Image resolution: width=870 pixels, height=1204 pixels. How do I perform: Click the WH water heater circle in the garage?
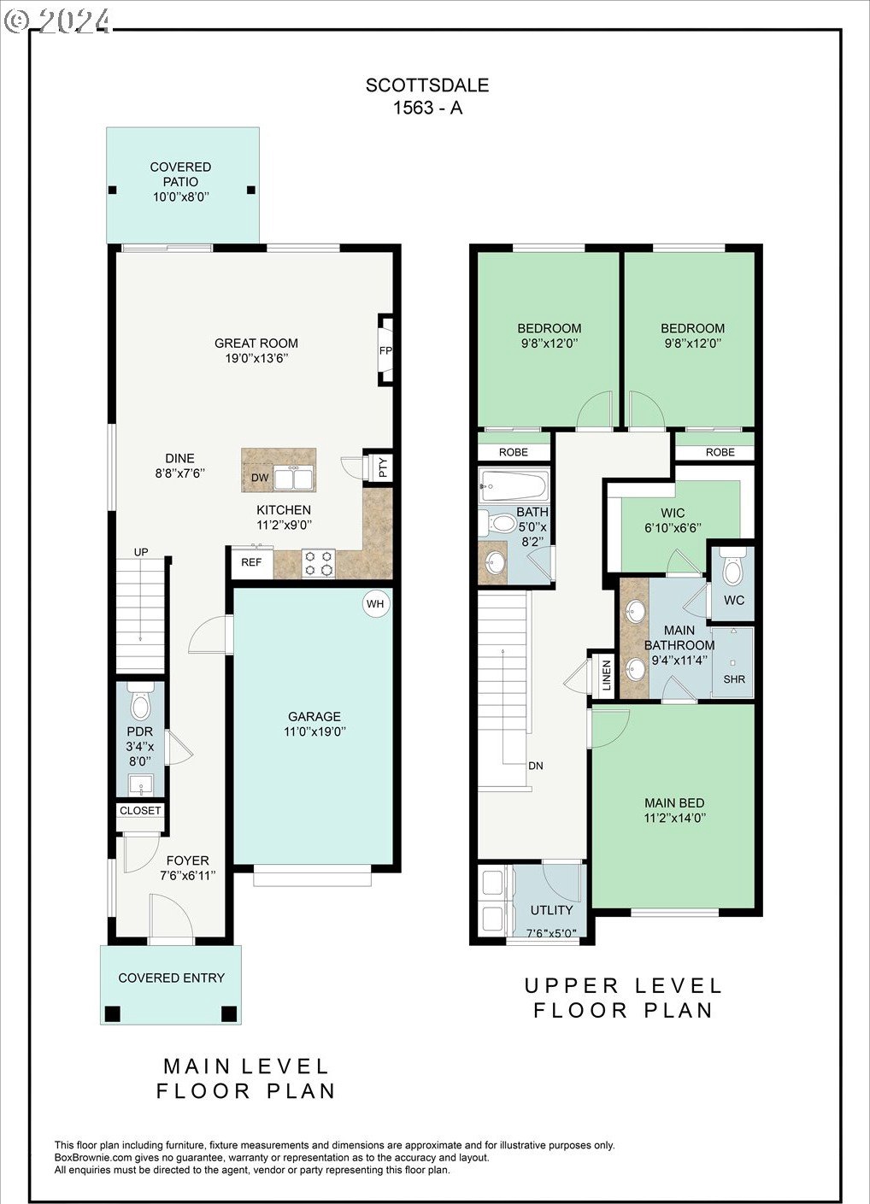[375, 604]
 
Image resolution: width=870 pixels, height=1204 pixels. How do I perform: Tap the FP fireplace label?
[385, 351]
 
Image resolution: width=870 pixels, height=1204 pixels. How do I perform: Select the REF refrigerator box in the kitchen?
[251, 562]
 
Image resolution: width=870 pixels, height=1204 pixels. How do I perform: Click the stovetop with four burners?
[318, 563]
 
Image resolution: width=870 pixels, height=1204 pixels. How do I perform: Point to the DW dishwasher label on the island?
[261, 478]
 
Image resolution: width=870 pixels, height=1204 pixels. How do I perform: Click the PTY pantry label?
[383, 467]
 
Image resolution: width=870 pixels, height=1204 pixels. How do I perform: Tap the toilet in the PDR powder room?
[141, 702]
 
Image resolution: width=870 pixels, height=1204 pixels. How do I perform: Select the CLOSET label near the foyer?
[140, 810]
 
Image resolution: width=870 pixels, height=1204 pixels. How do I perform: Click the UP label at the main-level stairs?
[141, 552]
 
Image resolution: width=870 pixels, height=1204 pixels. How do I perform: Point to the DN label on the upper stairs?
[536, 766]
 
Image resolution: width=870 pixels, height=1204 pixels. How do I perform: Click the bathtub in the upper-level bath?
[514, 485]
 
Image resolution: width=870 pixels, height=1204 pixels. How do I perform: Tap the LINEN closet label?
[607, 675]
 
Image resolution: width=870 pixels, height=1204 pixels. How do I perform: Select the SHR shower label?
[734, 679]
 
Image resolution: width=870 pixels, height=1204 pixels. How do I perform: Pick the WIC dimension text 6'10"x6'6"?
[673, 528]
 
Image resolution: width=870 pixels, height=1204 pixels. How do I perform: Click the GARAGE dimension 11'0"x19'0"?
[314, 731]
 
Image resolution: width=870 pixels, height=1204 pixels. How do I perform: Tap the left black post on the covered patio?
[112, 190]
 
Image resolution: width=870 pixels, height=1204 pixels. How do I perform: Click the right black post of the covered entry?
[229, 1013]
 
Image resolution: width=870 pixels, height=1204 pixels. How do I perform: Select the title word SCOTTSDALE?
[427, 85]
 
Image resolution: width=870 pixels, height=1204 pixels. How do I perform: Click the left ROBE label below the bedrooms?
[514, 452]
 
